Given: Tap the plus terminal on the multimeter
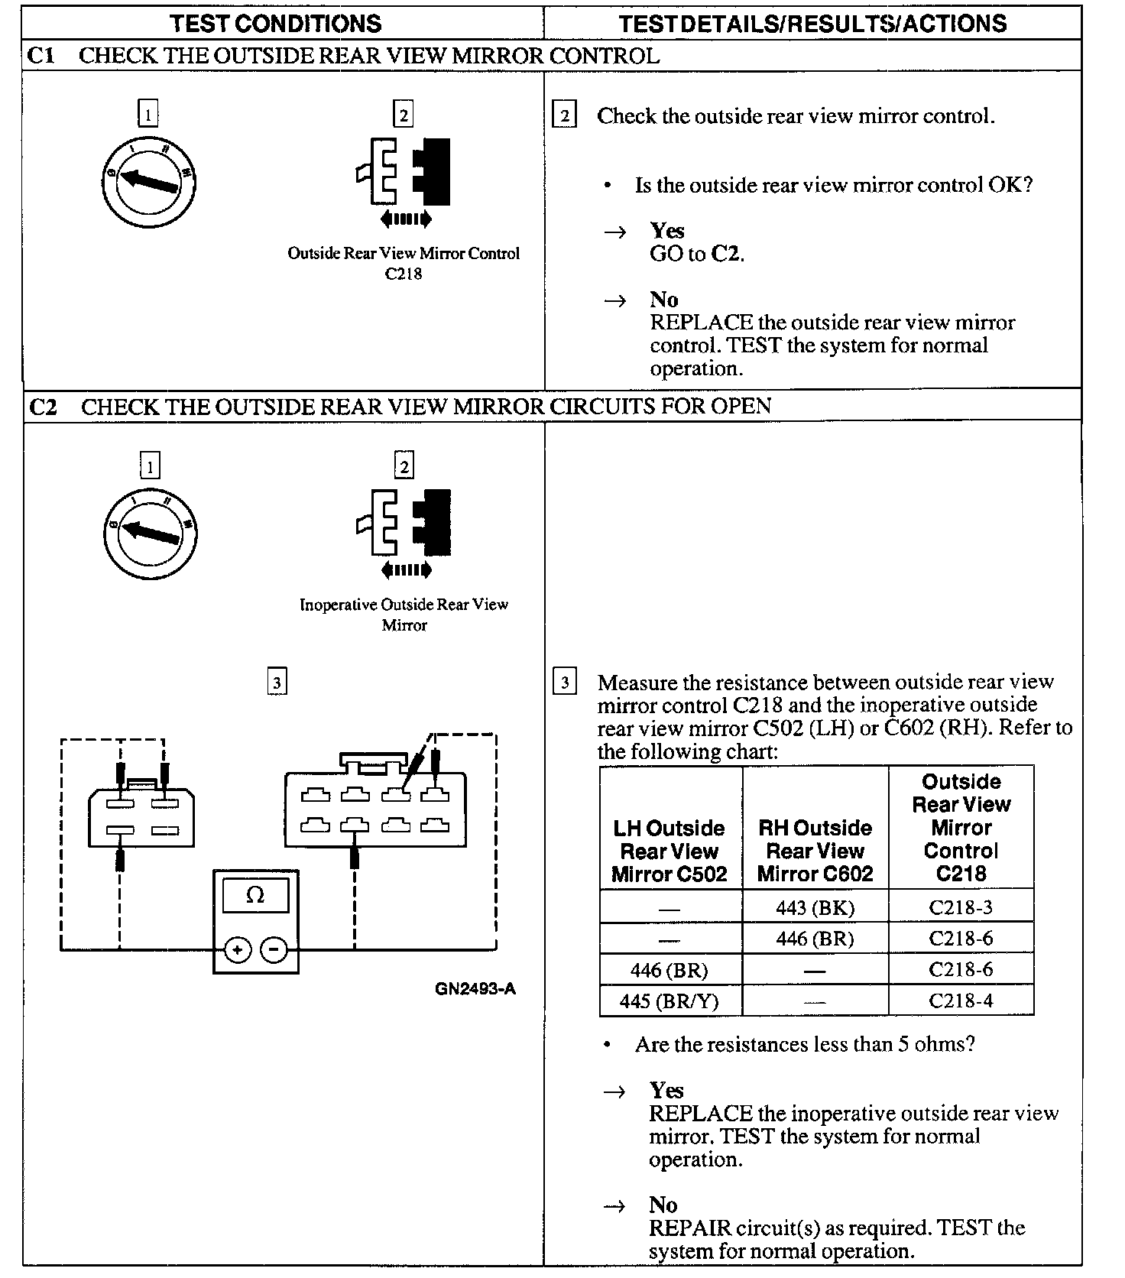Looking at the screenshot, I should [238, 950].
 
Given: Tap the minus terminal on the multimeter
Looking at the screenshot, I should [274, 950].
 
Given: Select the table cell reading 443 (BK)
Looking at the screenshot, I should [815, 907].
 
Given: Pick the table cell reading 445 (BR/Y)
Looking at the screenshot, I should [669, 1001].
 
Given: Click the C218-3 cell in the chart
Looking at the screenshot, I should [961, 907].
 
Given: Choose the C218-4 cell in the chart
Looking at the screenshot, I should [961, 1001].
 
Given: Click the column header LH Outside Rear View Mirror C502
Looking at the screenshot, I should [669, 851].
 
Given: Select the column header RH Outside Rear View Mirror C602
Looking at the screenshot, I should [815, 851].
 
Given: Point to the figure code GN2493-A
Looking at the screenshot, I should [475, 989].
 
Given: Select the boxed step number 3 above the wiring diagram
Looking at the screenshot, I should [277, 682].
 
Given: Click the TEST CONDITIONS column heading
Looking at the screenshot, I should [276, 24].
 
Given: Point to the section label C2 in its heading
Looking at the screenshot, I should [43, 407].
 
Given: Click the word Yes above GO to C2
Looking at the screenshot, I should [666, 231].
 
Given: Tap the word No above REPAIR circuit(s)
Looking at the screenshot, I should [663, 1205].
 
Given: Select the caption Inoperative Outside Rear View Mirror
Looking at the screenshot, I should [404, 615].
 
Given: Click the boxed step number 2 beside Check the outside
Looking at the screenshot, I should [564, 116].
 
